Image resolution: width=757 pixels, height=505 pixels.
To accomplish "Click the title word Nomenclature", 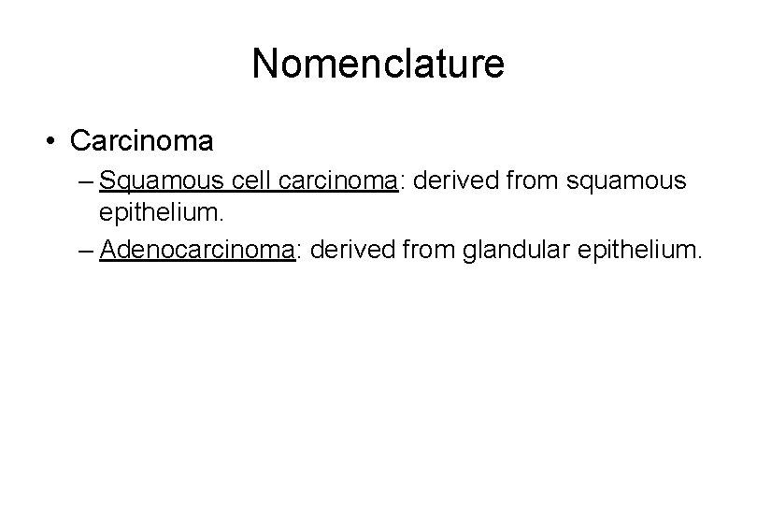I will pyautogui.click(x=378, y=65).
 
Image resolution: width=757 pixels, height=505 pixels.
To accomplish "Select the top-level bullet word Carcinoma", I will pyautogui.click(x=141, y=141).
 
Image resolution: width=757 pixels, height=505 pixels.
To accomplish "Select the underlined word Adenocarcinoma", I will pyautogui.click(x=196, y=250).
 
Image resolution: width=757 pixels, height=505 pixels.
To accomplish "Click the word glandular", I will pyautogui.click(x=505, y=250).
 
